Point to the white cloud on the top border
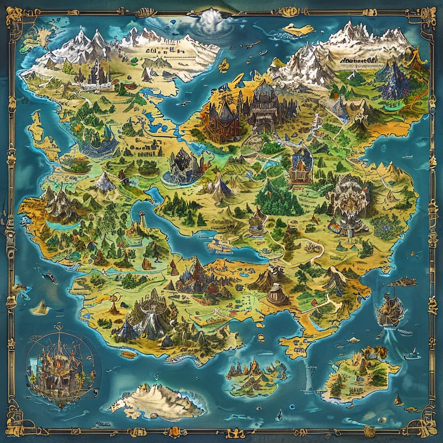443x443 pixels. tap(212, 19)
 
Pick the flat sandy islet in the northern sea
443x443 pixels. tap(299, 29)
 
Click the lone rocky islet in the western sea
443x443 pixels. tap(41, 307)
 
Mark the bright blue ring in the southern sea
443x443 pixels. tap(292, 407)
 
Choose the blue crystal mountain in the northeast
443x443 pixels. tap(394, 80)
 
